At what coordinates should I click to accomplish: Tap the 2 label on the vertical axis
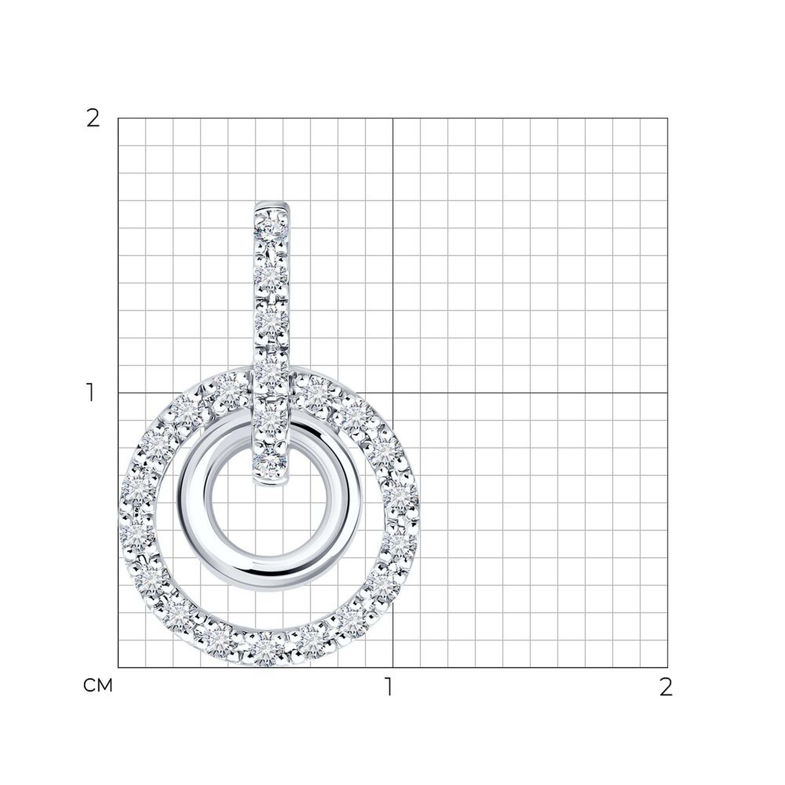(x=93, y=119)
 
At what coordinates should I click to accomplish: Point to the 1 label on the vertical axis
(x=91, y=392)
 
